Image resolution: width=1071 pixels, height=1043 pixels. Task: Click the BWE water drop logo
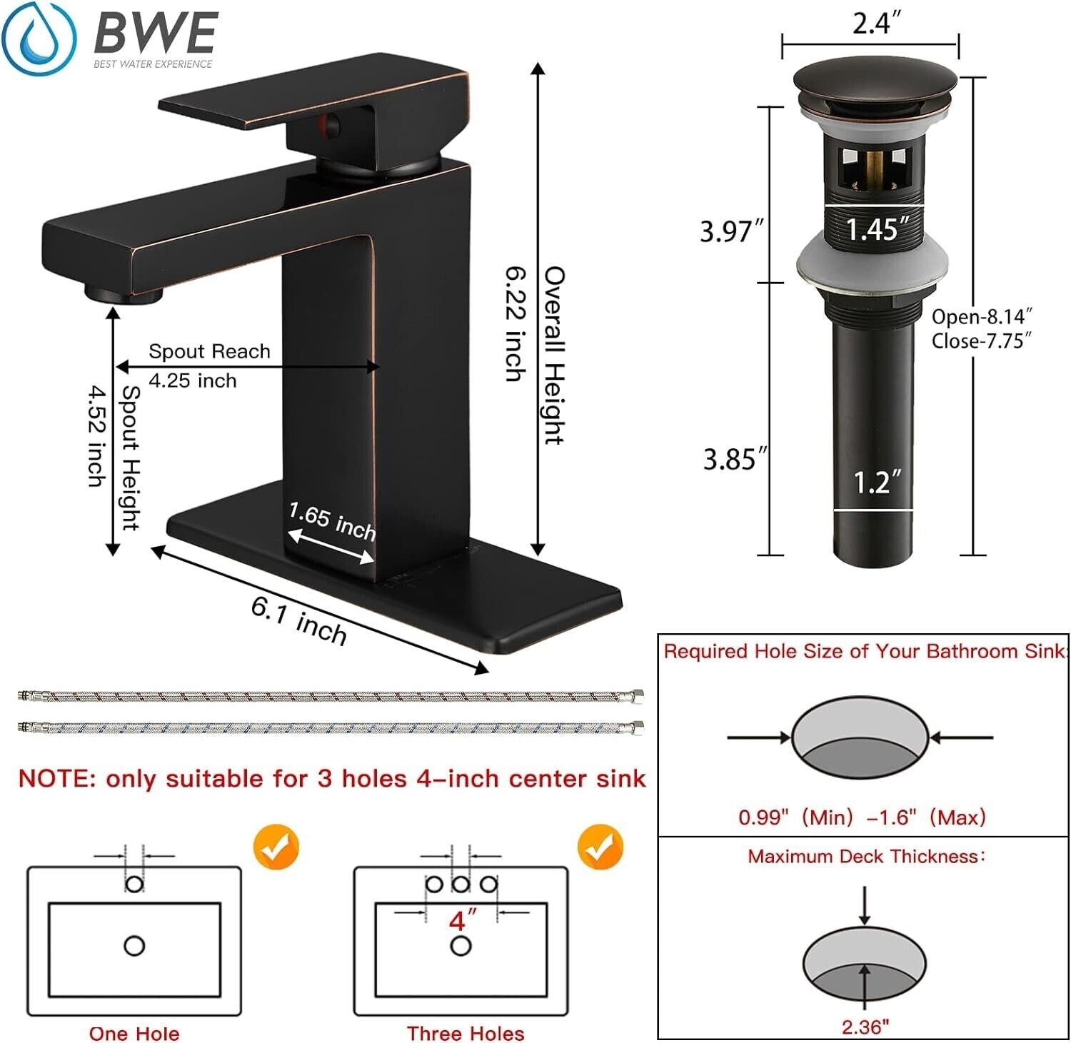click(x=39, y=39)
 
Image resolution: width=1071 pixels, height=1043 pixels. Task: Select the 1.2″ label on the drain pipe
click(x=878, y=482)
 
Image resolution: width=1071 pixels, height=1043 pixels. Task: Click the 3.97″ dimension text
click(x=732, y=231)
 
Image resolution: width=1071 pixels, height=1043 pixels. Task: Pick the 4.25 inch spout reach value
click(x=193, y=381)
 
